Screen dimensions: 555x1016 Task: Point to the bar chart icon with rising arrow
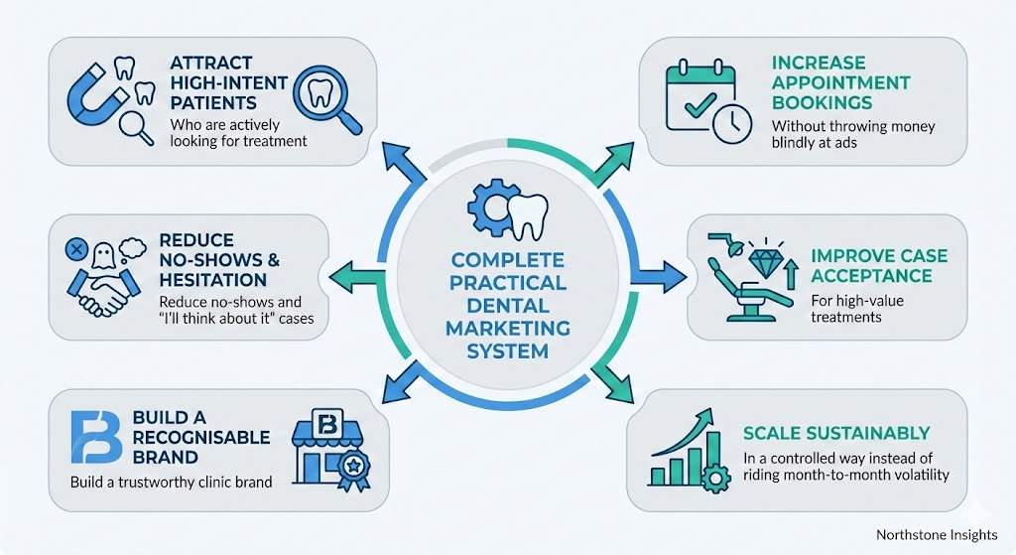(x=688, y=447)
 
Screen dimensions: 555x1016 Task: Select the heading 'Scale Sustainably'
(x=836, y=433)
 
